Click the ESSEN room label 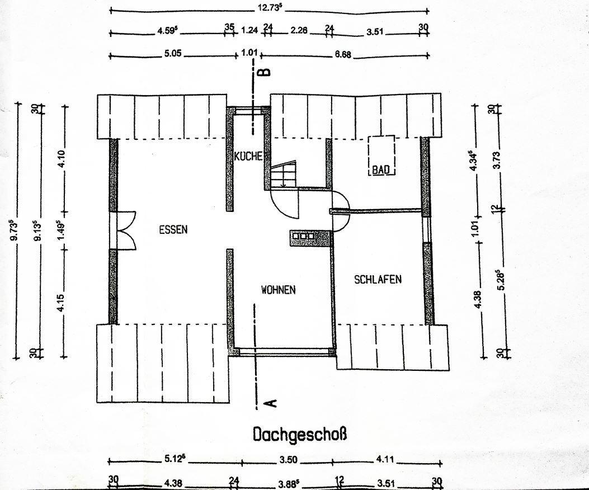pos(173,229)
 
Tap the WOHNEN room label pos(279,290)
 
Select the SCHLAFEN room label pos(378,279)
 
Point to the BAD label pos(380,170)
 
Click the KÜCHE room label pos(248,156)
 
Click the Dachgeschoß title pos(300,435)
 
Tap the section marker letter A pos(271,403)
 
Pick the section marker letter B pos(266,72)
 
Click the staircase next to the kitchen pos(284,173)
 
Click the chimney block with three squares pos(310,238)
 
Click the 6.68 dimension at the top pos(343,54)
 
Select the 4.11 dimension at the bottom pos(384,459)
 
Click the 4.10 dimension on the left pos(63,160)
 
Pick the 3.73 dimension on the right pos(496,160)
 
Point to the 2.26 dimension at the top pos(299,30)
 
